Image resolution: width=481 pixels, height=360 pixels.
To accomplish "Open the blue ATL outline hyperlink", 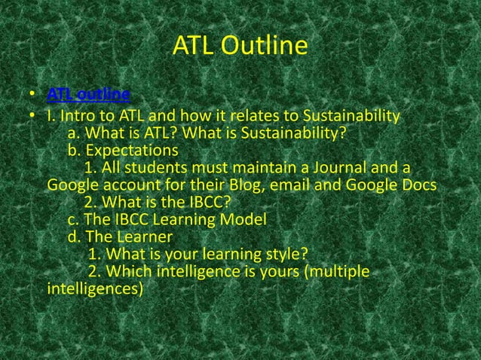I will coord(88,94).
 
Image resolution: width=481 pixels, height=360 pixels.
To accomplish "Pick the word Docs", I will coord(417,185).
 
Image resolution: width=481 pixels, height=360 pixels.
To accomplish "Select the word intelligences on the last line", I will coord(94,288).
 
